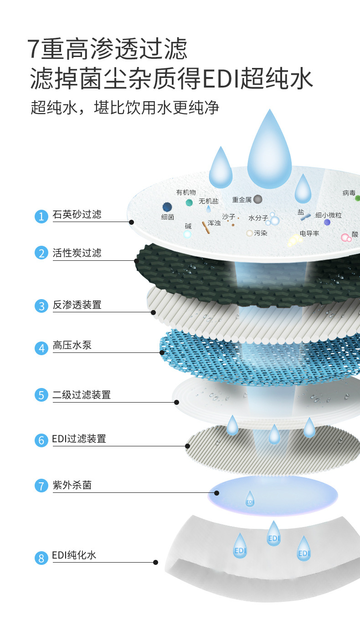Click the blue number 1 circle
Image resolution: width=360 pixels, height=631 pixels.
[41, 217]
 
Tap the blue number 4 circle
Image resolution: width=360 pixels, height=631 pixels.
[41, 348]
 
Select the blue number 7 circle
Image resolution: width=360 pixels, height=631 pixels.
[41, 486]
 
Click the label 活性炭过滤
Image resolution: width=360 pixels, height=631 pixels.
[77, 253]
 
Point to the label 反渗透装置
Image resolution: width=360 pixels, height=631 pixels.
[77, 305]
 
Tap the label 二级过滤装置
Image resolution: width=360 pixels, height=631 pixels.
[82, 395]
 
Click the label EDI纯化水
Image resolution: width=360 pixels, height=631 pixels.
[74, 555]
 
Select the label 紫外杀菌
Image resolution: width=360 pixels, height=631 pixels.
[72, 485]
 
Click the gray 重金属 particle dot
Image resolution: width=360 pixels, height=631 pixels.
[258, 199]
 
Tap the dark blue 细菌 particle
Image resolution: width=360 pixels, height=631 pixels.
[167, 207]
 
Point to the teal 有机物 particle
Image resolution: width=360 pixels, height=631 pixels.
[189, 202]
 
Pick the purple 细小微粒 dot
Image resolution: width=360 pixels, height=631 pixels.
[327, 222]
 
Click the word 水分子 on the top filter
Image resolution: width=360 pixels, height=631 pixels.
[258, 218]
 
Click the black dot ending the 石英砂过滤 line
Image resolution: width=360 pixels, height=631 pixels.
[131, 222]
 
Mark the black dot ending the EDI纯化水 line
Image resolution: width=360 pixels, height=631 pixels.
[155, 562]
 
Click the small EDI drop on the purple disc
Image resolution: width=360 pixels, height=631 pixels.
[250, 499]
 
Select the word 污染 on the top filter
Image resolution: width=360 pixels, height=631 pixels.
[260, 233]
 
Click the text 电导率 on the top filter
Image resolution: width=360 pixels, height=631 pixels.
[309, 233]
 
